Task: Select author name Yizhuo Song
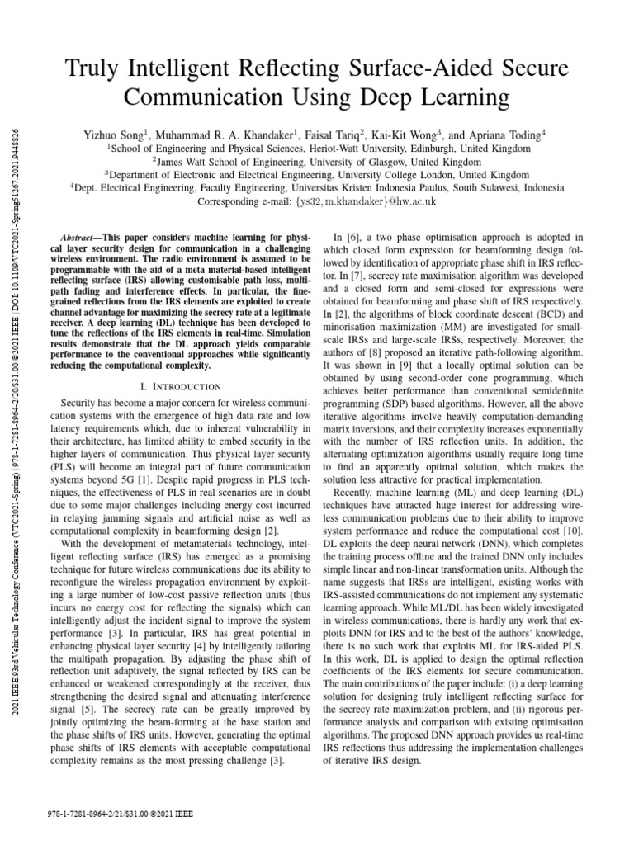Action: (x=115, y=134)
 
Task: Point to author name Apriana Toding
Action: (x=499, y=134)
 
